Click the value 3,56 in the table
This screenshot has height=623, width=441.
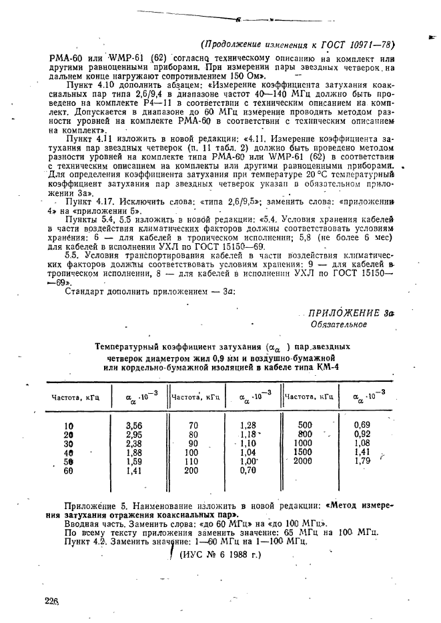point(133,424)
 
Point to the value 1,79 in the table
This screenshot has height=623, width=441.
point(362,460)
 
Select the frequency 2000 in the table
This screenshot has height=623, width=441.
point(302,460)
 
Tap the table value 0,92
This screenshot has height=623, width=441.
point(362,433)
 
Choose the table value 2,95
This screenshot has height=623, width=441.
point(133,434)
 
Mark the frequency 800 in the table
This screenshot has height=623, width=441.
point(305,433)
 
